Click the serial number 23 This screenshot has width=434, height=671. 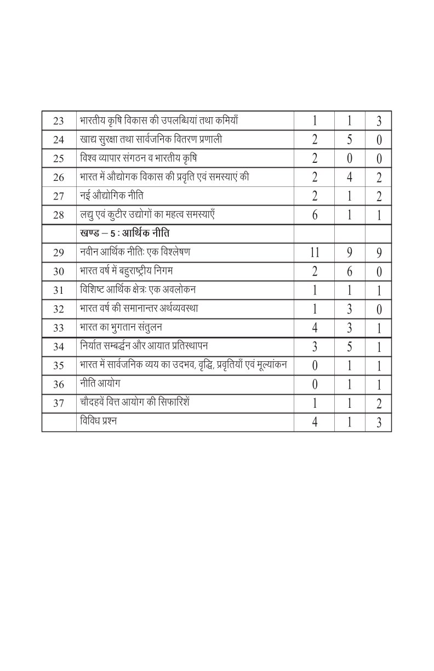(59, 121)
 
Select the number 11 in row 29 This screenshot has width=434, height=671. (315, 253)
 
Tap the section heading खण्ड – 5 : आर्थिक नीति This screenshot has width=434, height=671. (124, 234)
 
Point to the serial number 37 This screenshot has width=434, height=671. (59, 403)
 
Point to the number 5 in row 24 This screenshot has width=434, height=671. (349, 140)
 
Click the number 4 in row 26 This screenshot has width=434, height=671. (349, 178)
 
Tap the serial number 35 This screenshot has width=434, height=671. (59, 366)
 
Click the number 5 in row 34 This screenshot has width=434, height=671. (349, 347)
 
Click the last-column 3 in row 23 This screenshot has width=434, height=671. (379, 122)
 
